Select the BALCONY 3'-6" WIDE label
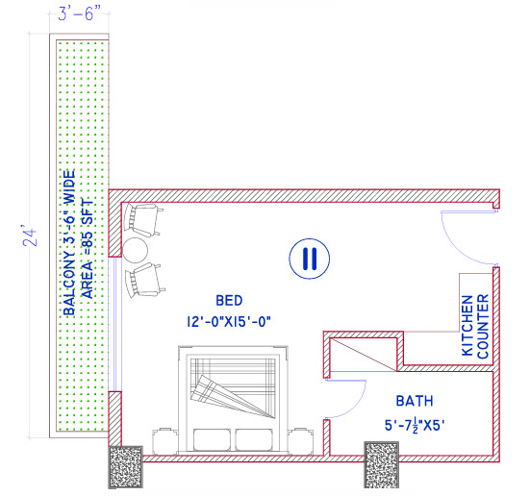[x=69, y=242]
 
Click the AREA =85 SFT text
[x=88, y=249]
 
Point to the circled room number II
[x=309, y=258]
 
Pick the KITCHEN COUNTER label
[x=475, y=327]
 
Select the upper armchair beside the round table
[x=143, y=221]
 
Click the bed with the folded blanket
[x=236, y=394]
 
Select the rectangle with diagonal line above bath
[x=362, y=351]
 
